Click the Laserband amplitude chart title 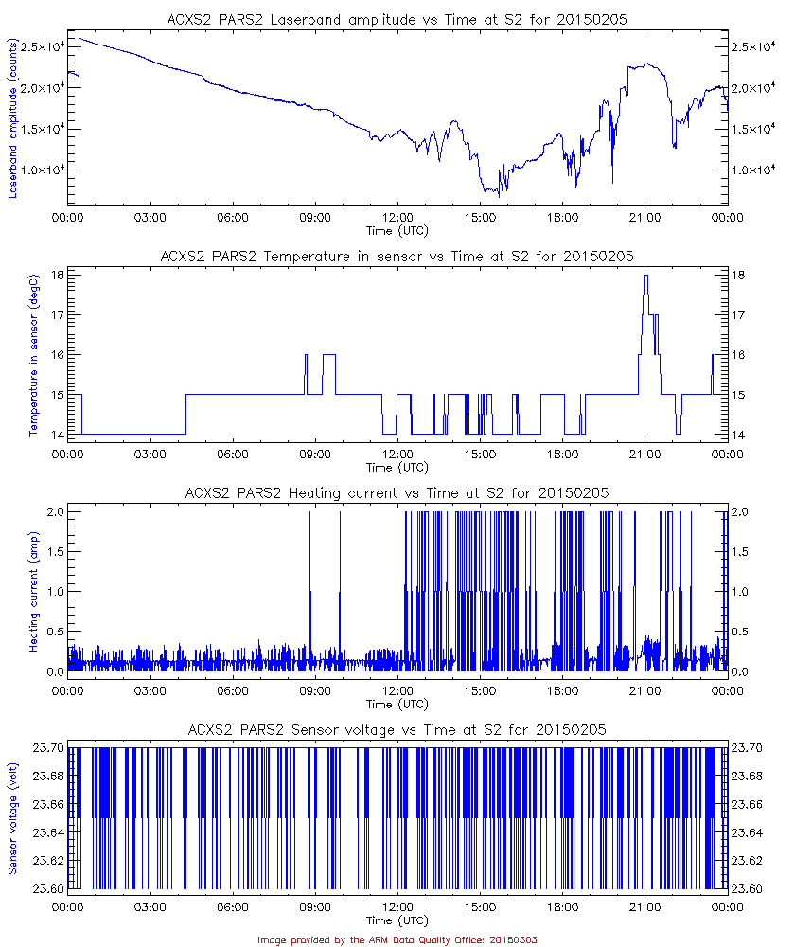(x=397, y=20)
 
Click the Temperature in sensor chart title (x=397, y=257)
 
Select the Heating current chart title (x=397, y=493)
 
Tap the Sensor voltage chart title (x=397, y=730)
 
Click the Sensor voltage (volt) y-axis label (x=14, y=819)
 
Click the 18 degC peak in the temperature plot (x=645, y=276)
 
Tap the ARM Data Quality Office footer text (x=397, y=939)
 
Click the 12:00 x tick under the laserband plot (x=397, y=217)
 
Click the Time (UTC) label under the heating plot (x=397, y=704)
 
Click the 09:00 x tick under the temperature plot (x=315, y=454)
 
